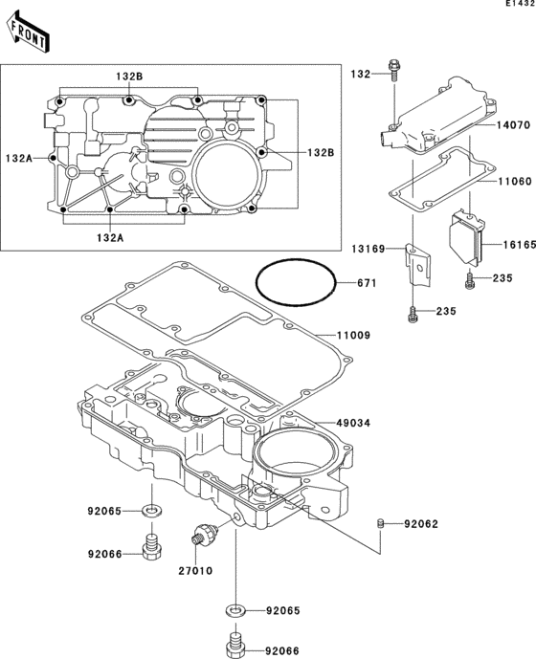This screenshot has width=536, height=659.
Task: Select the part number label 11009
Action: click(353, 336)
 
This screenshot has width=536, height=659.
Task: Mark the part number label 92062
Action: click(422, 524)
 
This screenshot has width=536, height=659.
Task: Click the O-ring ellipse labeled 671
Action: click(296, 284)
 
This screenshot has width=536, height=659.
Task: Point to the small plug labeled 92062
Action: click(380, 523)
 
